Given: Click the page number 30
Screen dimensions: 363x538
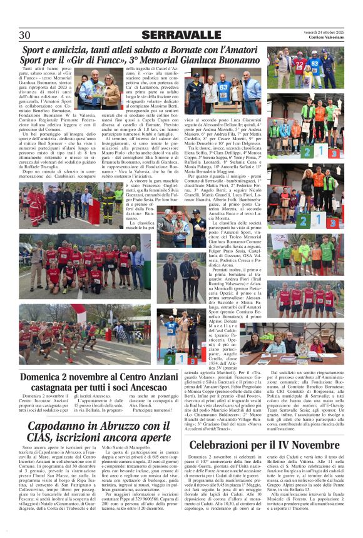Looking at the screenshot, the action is point(25,35).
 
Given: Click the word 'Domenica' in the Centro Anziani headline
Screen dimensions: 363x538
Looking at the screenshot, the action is point(44,377).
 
